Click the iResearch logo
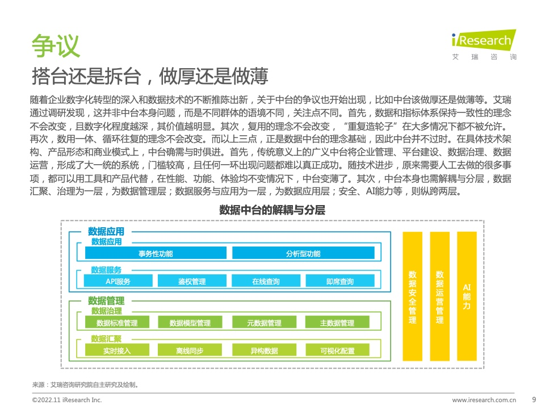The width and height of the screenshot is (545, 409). click(484, 45)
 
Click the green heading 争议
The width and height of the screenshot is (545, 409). click(56, 45)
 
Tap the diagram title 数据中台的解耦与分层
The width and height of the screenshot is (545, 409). click(272, 210)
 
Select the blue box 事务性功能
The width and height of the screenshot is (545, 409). click(156, 253)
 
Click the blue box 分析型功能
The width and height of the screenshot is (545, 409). click(303, 253)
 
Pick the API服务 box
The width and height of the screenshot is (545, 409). click(118, 281)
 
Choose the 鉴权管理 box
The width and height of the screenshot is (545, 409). click(192, 281)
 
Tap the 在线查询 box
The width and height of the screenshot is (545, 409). click(266, 281)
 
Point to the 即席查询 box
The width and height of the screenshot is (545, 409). click(340, 281)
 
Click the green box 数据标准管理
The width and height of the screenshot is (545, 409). click(117, 323)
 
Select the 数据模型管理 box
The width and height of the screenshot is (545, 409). click(190, 323)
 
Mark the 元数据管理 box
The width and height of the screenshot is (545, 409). click(264, 323)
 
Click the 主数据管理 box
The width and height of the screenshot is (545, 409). click(337, 323)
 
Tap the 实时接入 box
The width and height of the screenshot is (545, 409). click(117, 350)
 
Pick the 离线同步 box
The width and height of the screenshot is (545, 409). click(190, 350)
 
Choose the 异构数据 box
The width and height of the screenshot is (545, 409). click(264, 350)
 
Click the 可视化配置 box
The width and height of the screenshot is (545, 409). click(337, 350)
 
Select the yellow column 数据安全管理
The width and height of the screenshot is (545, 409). click(413, 297)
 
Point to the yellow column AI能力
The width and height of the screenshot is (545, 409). click(467, 297)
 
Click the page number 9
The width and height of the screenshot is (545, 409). click(534, 399)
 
